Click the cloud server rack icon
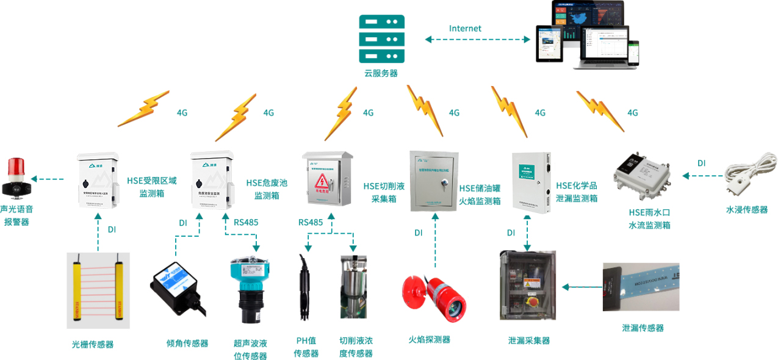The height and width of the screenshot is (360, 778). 381,38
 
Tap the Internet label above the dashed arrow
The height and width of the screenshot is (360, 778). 465,29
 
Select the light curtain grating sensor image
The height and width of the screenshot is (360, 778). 98,290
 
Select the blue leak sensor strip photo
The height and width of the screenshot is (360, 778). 640,287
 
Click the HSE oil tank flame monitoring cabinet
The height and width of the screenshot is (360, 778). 433,181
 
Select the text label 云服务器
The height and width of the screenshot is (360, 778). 381,73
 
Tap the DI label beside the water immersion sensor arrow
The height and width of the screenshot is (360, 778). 701,163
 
